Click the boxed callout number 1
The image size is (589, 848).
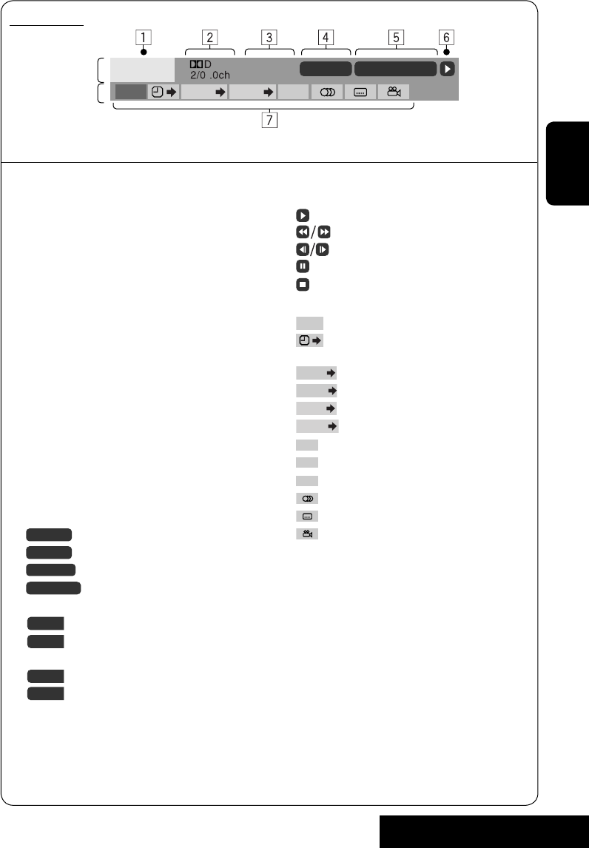[144, 37]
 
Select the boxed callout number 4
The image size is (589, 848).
[326, 37]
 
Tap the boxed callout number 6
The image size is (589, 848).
[446, 37]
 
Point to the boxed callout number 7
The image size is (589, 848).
[269, 120]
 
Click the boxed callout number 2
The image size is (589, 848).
[209, 37]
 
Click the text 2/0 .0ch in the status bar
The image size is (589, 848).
[210, 75]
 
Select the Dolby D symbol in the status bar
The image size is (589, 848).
[200, 64]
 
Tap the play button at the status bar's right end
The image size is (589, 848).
[447, 70]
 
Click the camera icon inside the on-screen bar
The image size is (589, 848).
[394, 92]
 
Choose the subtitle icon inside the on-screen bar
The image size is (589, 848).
[360, 92]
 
